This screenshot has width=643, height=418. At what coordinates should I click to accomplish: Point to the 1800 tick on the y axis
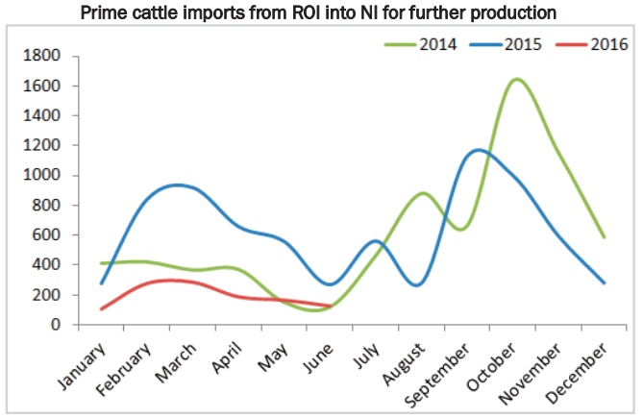click(x=42, y=56)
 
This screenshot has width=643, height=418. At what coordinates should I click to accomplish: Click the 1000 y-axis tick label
click(x=42, y=176)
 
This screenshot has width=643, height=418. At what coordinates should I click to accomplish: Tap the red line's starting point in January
click(x=102, y=309)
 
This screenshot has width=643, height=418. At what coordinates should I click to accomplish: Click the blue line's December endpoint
click(x=603, y=283)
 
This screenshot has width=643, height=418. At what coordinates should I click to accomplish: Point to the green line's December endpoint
click(x=603, y=237)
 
